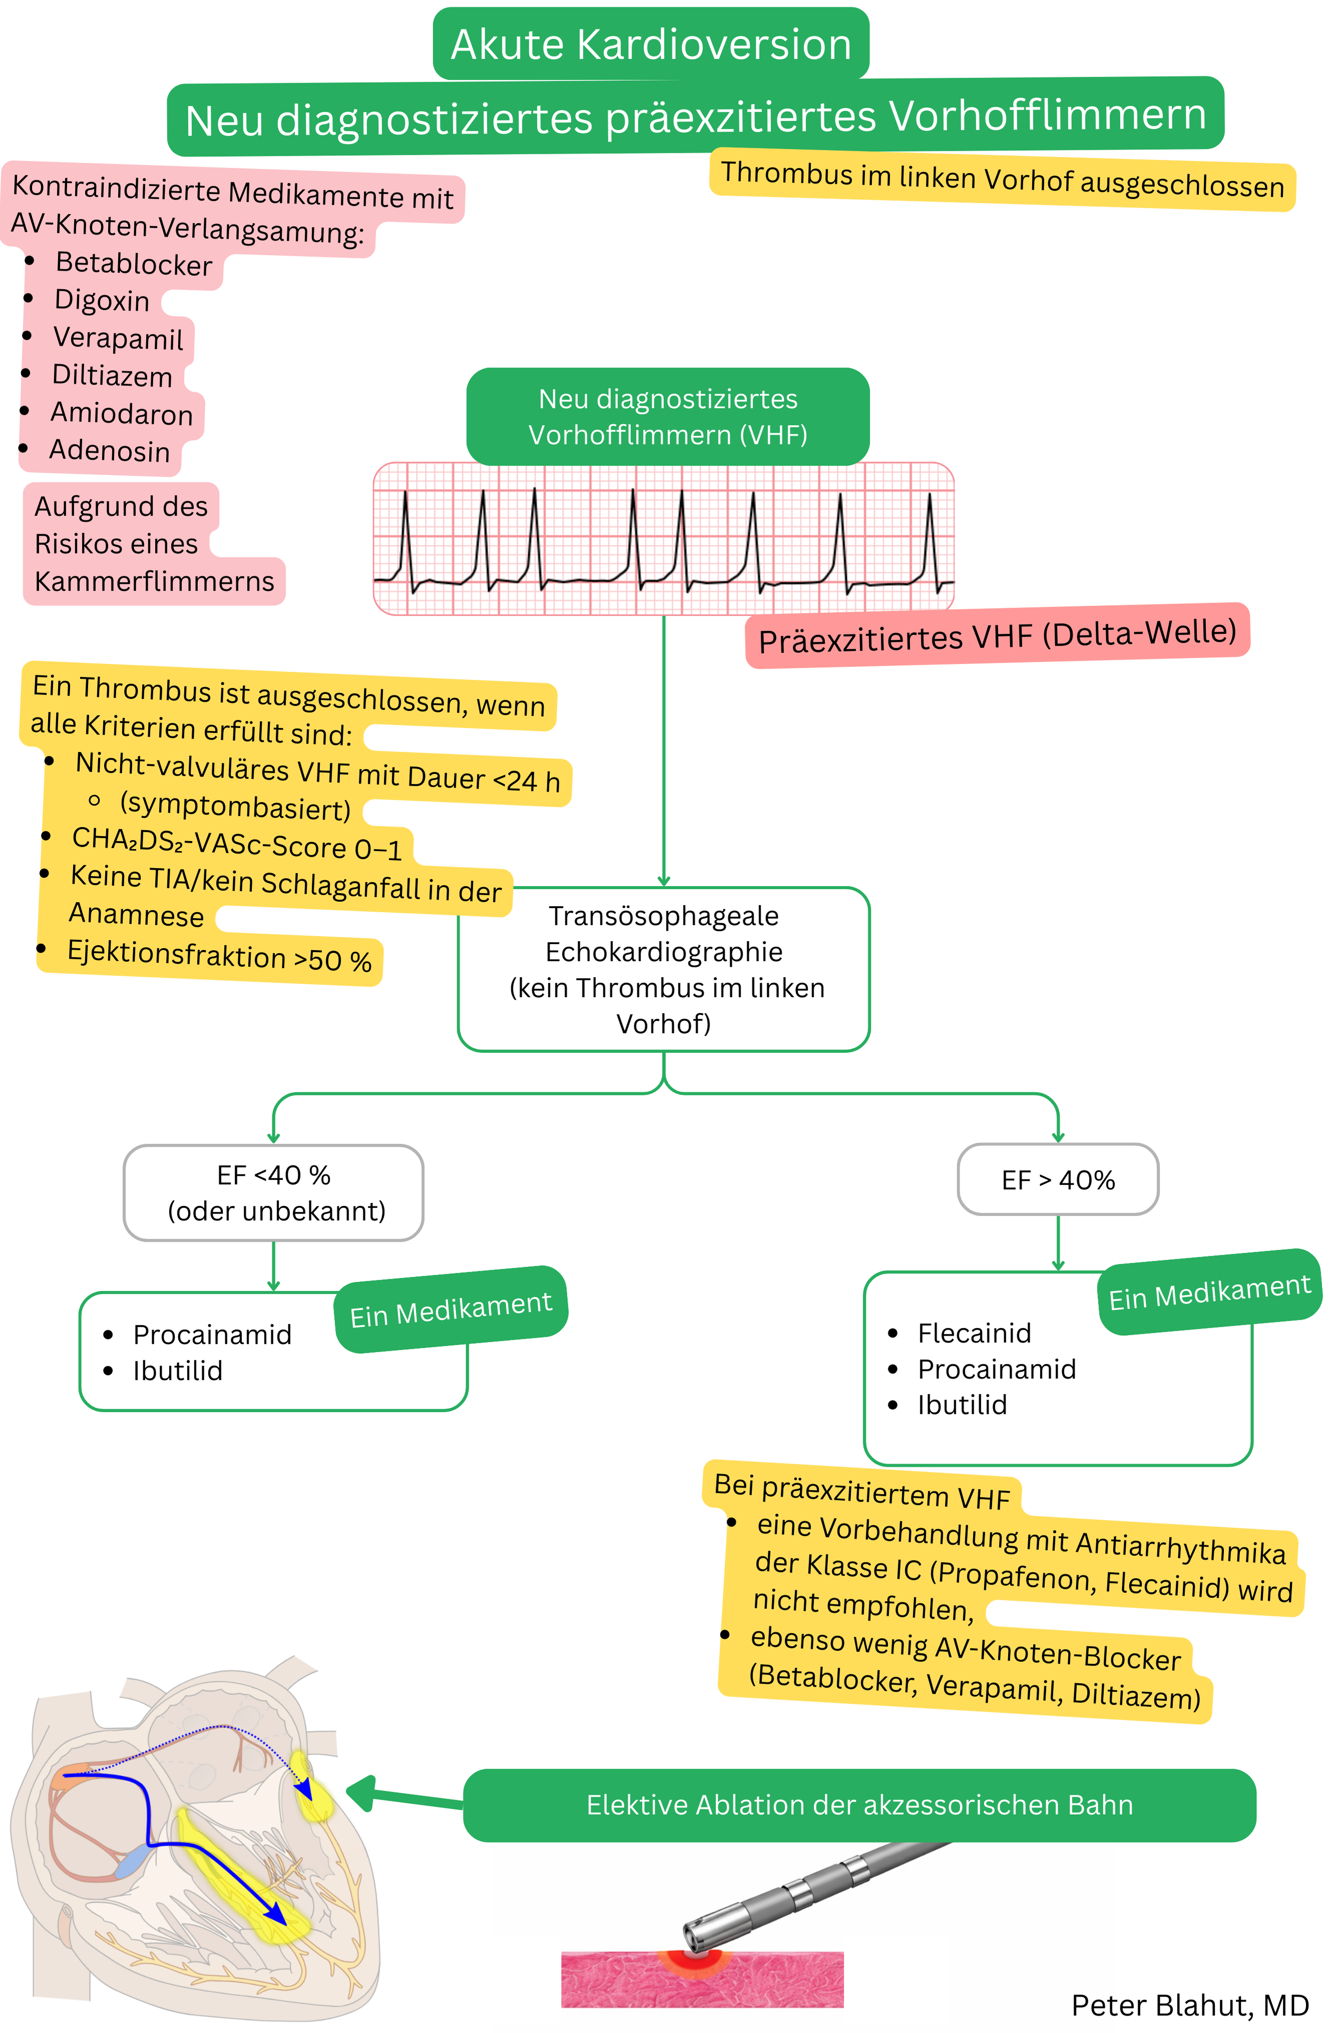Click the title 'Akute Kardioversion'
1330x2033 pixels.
(651, 45)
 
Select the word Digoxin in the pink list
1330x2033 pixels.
(102, 301)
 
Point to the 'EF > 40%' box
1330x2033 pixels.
(1058, 1179)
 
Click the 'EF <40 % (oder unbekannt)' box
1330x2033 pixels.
(273, 1192)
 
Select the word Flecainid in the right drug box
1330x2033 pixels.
(974, 1333)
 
